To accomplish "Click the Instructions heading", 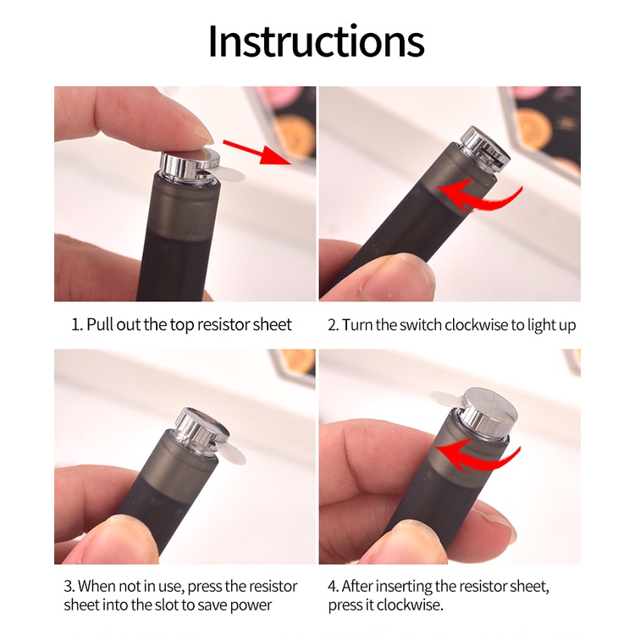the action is (x=317, y=41).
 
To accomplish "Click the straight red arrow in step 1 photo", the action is (x=257, y=152).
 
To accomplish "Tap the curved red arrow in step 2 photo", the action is (x=480, y=196).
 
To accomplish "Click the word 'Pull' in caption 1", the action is (x=100, y=325).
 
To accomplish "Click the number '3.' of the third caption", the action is (x=69, y=587).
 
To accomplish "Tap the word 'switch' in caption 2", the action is (x=420, y=325).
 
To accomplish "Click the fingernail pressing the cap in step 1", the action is (x=202, y=134).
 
